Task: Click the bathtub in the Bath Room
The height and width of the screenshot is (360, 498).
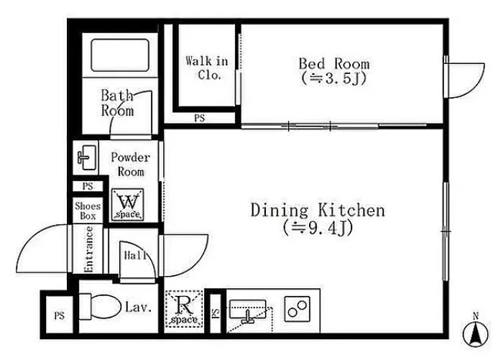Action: click(120, 55)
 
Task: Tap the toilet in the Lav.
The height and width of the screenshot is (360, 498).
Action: click(100, 307)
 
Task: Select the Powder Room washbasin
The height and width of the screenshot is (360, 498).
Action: click(86, 157)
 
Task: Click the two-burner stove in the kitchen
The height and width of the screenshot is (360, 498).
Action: click(297, 309)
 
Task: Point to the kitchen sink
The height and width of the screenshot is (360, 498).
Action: click(247, 310)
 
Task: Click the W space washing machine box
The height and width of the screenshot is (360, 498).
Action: click(128, 205)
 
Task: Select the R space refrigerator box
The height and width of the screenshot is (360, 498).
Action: click(184, 309)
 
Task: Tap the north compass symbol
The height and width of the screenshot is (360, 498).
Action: click(476, 333)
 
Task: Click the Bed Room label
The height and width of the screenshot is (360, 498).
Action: click(334, 64)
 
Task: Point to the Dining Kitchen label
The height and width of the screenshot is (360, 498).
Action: click(318, 210)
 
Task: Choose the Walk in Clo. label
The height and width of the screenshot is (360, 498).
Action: click(207, 68)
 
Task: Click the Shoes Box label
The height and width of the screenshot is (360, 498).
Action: click(88, 211)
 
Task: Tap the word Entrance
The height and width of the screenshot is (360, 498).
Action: click(89, 249)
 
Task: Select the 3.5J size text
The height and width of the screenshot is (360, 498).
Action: click(334, 78)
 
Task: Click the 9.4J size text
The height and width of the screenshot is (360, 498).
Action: click(318, 228)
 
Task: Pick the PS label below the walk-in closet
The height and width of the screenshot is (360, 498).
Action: click(200, 119)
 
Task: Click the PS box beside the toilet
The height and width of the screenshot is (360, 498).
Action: click(60, 315)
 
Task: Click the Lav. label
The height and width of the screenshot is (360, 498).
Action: click(138, 308)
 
